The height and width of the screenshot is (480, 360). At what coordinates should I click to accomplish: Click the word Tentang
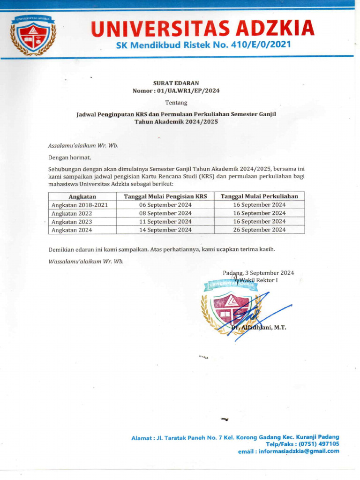coord(176,102)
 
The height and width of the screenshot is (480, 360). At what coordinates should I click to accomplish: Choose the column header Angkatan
coord(82,196)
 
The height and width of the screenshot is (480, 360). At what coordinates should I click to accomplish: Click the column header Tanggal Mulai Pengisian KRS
coord(165,196)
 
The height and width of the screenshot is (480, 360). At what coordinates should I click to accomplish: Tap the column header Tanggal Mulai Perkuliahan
coord(259,196)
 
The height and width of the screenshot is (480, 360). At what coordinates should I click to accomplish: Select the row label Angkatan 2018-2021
coord(80,205)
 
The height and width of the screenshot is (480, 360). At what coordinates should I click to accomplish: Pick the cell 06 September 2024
coord(165,205)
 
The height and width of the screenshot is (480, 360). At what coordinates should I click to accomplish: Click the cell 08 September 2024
coord(165,213)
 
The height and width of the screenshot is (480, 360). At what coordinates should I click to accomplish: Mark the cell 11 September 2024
coord(165,222)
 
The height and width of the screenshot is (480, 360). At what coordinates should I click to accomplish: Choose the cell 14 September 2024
coord(165,230)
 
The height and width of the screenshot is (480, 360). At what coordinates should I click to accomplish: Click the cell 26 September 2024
coord(259,230)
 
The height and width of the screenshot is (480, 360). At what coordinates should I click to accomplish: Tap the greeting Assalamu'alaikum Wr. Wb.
coord(83,145)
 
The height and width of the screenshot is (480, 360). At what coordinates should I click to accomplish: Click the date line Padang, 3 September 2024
coord(258,273)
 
